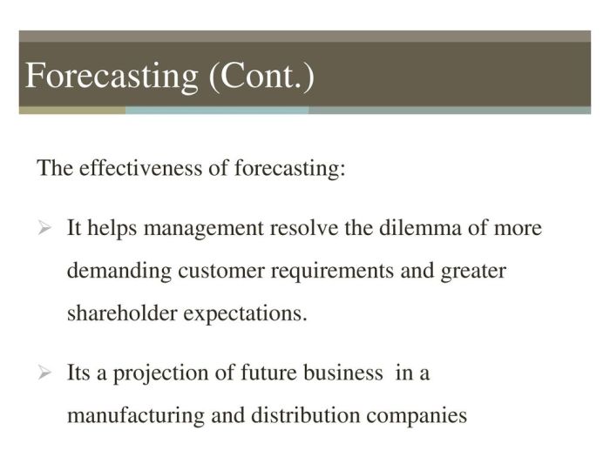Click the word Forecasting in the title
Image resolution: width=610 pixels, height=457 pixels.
111,76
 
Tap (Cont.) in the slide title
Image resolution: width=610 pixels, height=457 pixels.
261,76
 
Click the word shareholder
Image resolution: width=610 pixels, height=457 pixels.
121,313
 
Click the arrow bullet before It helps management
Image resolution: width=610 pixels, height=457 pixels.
46,230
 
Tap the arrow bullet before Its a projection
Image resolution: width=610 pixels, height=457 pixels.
46,374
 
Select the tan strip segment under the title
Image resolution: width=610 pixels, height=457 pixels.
71,111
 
